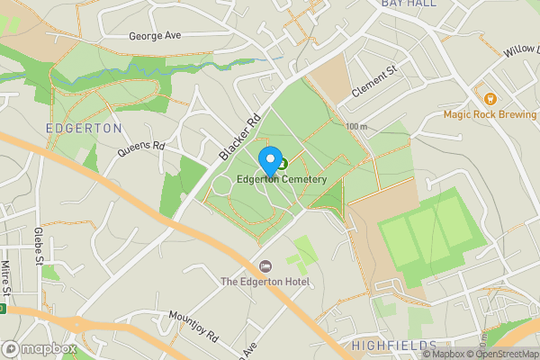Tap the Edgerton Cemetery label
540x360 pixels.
[x=281, y=180]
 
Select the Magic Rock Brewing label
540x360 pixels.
[x=490, y=114]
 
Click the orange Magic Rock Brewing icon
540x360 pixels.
[x=490, y=97]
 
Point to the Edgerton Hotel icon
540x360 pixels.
[x=265, y=267]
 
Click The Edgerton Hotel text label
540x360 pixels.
[x=265, y=283]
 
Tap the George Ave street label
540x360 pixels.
[x=156, y=37]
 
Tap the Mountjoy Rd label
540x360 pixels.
[x=193, y=328]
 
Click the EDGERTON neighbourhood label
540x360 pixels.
[x=84, y=129]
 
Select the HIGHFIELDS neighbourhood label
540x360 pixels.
[x=393, y=346]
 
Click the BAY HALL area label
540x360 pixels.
[x=409, y=4]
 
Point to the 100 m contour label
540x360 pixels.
[x=356, y=127]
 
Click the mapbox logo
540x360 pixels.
[x=40, y=348]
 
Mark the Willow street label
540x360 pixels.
[x=519, y=49]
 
